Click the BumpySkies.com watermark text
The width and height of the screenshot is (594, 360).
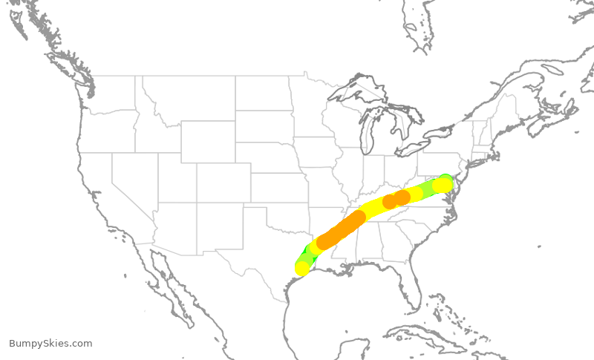[x=50, y=344]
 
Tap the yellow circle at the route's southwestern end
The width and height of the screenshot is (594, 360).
[x=302, y=268]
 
